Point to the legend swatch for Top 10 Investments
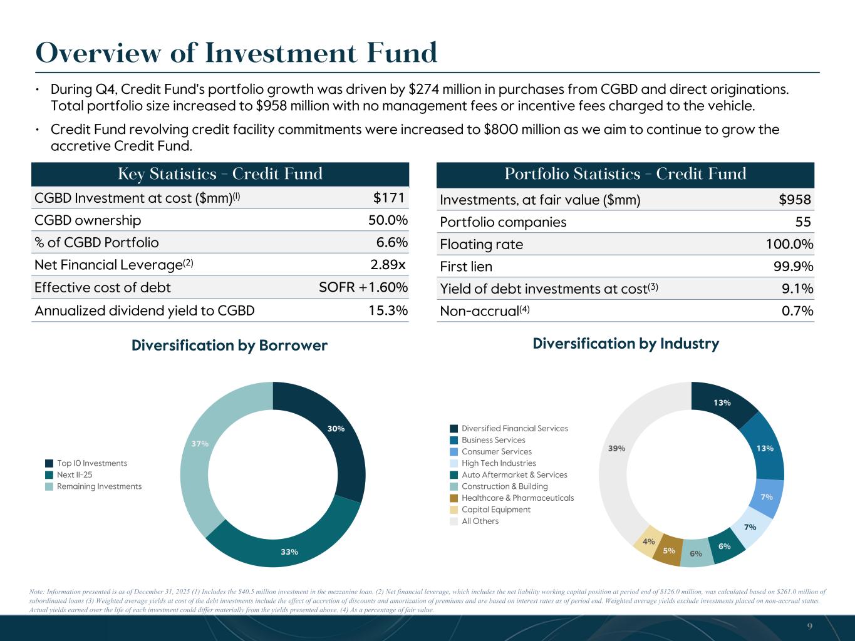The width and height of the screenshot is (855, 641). coord(49,463)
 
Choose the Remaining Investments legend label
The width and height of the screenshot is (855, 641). coord(99,486)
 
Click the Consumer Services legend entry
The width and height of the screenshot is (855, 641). coord(496,451)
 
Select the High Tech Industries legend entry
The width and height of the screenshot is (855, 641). coord(499,463)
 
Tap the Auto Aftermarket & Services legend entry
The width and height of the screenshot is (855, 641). coord(514,474)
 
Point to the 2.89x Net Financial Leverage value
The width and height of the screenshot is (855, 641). coord(388,265)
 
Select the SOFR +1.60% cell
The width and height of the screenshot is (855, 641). coord(363,287)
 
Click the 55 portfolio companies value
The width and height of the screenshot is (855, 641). coord(803,222)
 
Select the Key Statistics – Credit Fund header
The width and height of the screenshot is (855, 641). coord(220,174)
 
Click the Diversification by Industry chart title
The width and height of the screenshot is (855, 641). coord(626,344)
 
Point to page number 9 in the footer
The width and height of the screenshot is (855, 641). coord(810,627)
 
